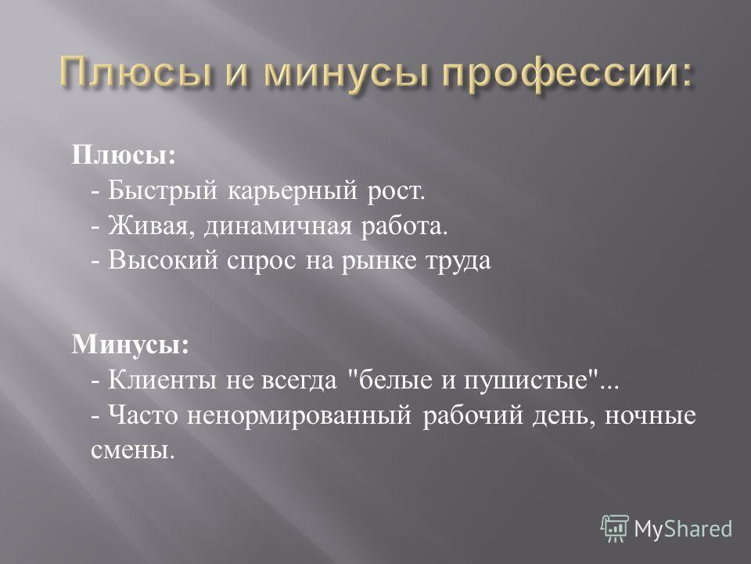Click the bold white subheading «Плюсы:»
coord(124,156)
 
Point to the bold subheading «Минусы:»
coord(131,345)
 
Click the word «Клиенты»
coord(163,381)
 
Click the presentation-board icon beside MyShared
coord(615,529)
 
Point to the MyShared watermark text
coord(683,530)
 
